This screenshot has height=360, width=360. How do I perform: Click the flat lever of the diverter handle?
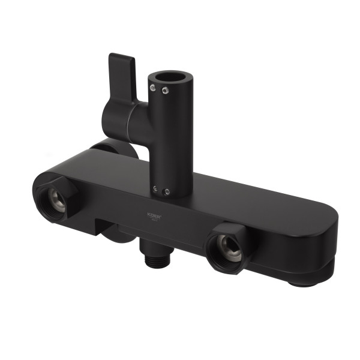coord(124,70)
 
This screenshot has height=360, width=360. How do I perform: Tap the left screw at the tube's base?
coord(156,189)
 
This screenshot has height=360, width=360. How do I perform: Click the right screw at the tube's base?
coord(167,192)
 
